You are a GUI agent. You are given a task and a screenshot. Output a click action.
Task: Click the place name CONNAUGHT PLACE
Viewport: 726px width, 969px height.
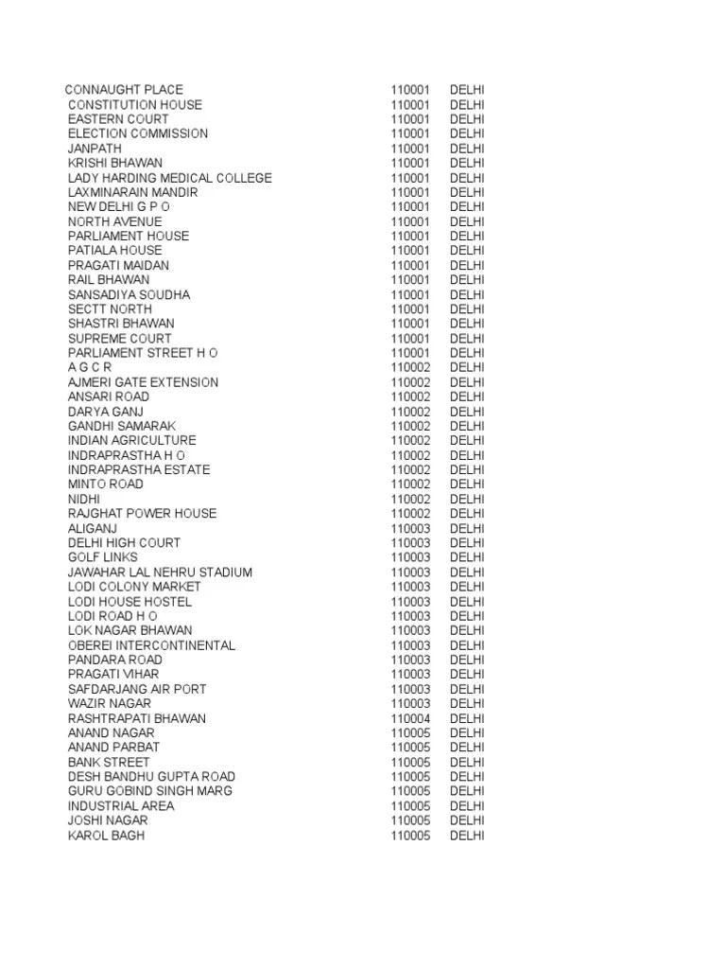tap(124, 90)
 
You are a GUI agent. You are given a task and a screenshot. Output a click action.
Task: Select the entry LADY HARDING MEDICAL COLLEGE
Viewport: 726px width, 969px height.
tap(169, 178)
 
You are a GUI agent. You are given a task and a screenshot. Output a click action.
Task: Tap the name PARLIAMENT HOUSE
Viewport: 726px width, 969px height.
tap(128, 236)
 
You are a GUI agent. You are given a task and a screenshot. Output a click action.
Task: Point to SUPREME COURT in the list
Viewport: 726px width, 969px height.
tap(119, 338)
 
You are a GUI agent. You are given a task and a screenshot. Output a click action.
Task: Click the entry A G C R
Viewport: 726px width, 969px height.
tap(90, 367)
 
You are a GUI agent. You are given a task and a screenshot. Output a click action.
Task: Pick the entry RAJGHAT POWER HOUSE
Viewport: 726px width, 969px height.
tap(142, 513)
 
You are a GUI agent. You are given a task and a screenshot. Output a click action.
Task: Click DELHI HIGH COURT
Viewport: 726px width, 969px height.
tap(124, 542)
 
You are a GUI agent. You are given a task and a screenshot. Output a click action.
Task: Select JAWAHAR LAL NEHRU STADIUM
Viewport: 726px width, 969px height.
tap(160, 572)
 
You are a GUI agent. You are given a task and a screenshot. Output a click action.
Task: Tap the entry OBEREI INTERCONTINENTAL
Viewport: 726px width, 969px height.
tap(151, 645)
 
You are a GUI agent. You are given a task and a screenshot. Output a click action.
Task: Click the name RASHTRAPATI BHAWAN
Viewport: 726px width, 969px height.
tap(136, 718)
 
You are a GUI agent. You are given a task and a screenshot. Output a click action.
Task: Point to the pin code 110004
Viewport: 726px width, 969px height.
tap(410, 718)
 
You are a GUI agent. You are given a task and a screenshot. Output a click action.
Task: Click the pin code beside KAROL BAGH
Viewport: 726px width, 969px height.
tap(410, 836)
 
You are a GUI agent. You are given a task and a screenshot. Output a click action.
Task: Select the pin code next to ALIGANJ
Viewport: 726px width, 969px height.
tap(410, 528)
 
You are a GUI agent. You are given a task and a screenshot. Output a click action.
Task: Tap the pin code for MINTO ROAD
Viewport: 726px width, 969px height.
tap(410, 484)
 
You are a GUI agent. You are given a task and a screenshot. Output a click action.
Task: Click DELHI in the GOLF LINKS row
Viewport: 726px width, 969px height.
tap(467, 557)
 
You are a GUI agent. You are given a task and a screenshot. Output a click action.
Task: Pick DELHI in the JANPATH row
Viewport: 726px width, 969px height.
tap(467, 149)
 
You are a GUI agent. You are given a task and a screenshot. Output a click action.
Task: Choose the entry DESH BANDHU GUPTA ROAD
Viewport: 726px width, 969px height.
tap(151, 777)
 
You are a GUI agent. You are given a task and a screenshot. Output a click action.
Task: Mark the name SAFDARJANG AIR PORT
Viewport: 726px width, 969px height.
tap(136, 689)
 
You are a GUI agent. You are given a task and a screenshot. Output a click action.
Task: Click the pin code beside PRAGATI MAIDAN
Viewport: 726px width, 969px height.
tap(410, 265)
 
